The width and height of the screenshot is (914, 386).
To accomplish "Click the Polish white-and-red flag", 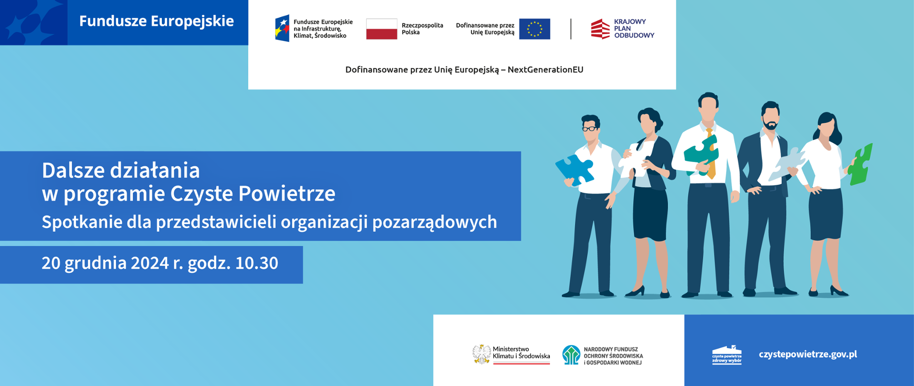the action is (x=381, y=29).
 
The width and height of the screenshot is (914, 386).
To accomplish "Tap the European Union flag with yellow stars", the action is (x=535, y=29).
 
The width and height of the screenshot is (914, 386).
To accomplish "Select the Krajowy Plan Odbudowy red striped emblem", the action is (x=600, y=29).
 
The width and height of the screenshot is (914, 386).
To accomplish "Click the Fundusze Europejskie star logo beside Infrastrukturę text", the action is (x=282, y=29).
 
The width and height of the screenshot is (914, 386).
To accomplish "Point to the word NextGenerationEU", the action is (x=546, y=70).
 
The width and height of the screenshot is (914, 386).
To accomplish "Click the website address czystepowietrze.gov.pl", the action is (x=808, y=354).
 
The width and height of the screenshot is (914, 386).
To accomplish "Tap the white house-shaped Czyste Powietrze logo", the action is (x=727, y=355).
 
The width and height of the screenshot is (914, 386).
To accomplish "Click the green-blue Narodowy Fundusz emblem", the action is (x=571, y=355).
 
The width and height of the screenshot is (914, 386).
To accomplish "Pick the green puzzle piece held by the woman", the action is (x=861, y=165).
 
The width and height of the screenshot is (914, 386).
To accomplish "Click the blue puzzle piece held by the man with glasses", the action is (x=575, y=170).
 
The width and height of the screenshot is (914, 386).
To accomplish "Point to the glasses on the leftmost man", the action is (x=590, y=128).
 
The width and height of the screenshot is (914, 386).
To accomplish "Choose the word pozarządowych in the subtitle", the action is (x=435, y=223).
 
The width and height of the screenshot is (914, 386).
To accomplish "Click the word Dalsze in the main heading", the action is (x=73, y=170).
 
